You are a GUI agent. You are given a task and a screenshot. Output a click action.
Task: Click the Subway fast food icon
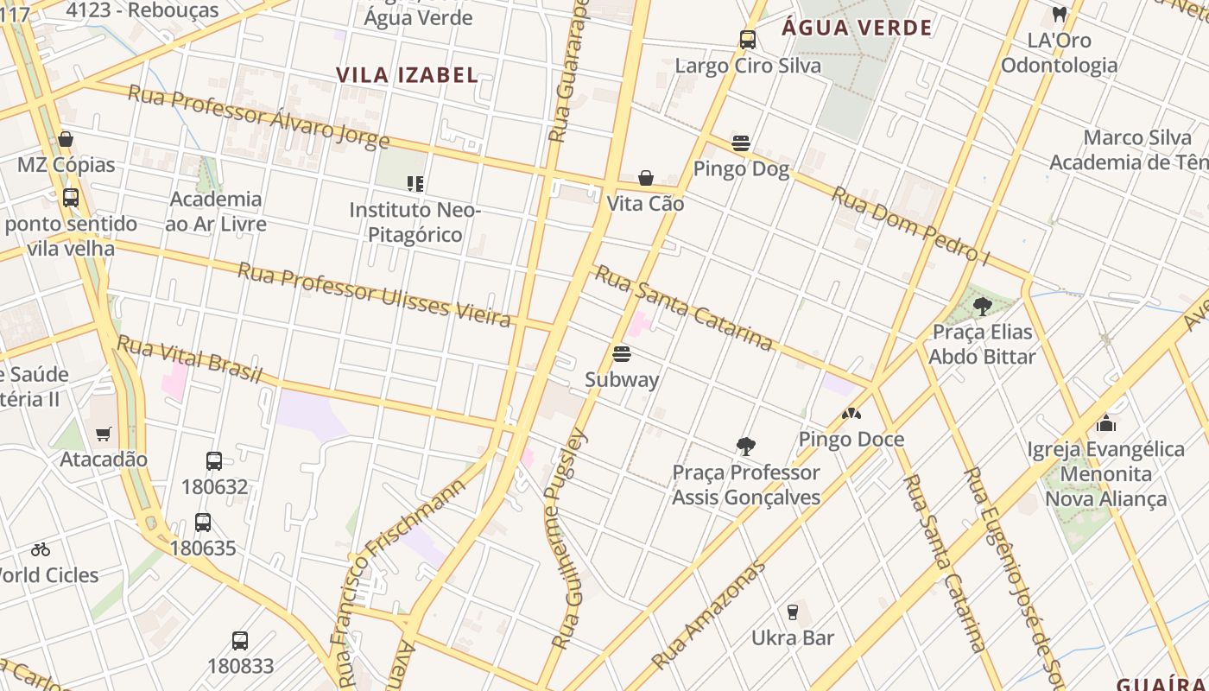(x=621, y=354)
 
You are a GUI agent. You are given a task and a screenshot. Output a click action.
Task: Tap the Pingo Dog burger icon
(x=741, y=143)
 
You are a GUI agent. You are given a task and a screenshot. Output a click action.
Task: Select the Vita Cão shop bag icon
(x=645, y=178)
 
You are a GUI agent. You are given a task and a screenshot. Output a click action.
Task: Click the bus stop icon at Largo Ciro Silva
(x=748, y=40)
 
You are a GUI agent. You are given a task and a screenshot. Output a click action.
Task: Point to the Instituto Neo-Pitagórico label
(x=415, y=222)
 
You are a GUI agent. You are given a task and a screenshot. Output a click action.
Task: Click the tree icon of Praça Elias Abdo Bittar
(x=982, y=306)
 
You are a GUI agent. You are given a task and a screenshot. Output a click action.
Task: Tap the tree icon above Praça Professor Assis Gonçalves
(x=746, y=447)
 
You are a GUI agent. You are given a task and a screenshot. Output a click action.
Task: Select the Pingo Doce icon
(x=851, y=415)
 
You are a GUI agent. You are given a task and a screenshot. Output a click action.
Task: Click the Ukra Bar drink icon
(x=793, y=612)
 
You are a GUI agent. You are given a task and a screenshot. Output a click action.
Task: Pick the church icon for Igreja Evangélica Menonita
(x=1106, y=423)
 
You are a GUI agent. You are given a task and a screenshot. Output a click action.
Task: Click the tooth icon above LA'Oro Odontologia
(x=1059, y=15)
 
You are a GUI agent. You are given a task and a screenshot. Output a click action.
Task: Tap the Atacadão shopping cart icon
(x=104, y=434)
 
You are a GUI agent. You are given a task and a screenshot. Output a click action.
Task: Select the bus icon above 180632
(x=214, y=461)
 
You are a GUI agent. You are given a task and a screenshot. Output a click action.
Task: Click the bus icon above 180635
(x=203, y=523)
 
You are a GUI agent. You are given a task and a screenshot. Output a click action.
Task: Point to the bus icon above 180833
(x=240, y=641)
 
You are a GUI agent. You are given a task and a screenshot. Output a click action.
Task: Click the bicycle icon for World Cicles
(x=41, y=549)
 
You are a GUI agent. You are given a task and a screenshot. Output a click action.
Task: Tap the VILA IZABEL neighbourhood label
(x=407, y=75)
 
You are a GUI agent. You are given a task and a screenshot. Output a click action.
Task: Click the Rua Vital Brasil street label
(x=189, y=359)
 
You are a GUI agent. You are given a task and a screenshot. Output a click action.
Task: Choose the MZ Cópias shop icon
(x=66, y=139)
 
